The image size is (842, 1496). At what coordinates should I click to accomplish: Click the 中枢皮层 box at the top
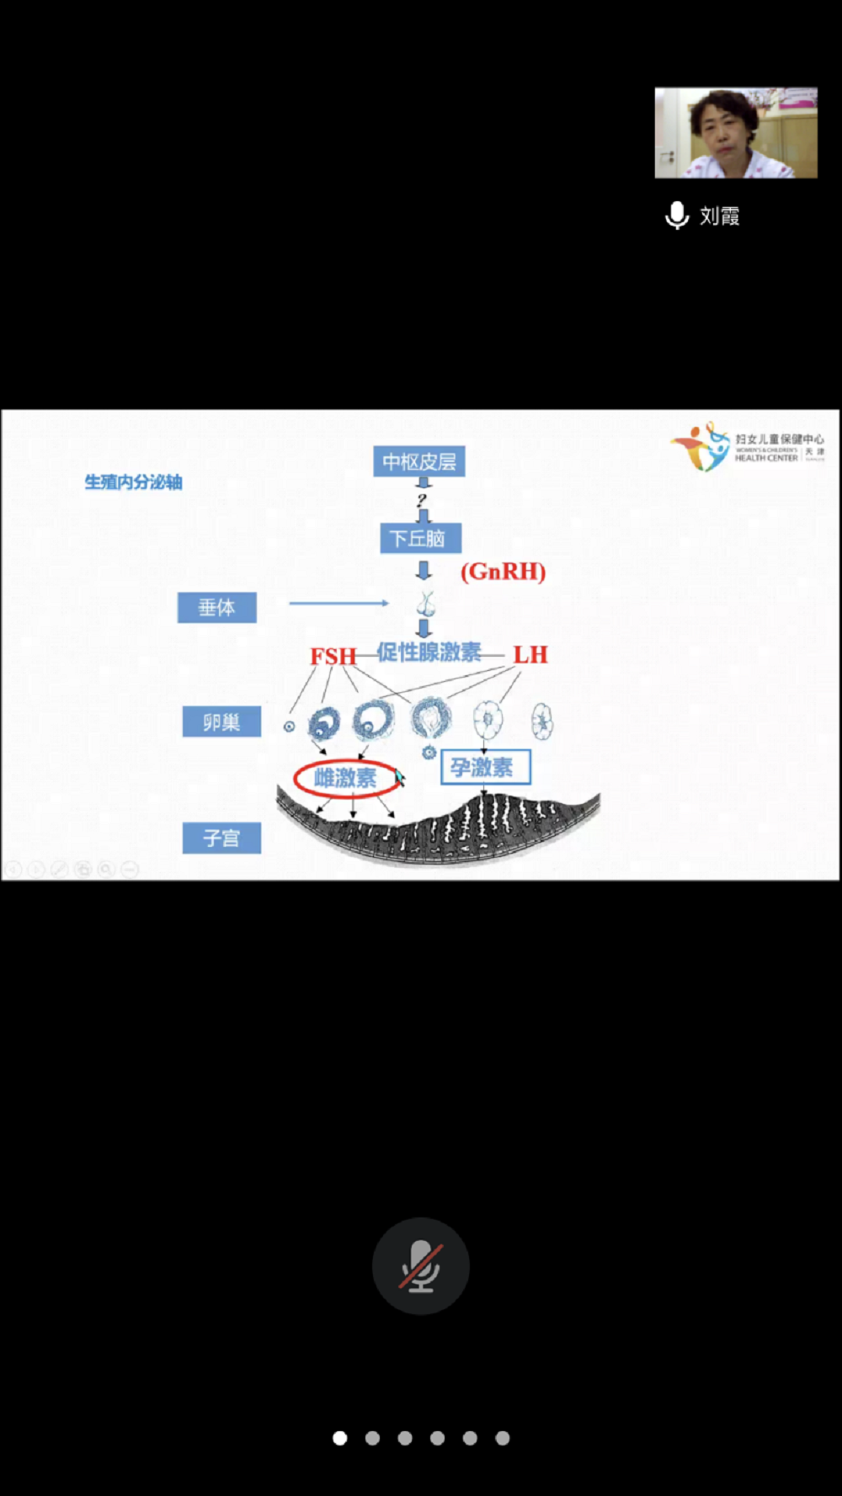[x=418, y=461]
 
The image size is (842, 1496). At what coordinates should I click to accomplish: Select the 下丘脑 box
[x=419, y=538]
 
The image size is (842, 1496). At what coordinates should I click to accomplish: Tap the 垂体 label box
[x=216, y=607]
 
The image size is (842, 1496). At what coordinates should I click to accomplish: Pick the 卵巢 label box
[x=221, y=721]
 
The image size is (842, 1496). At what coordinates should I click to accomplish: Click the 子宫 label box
[x=221, y=838]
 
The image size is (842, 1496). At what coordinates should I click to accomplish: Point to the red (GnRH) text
[x=503, y=572]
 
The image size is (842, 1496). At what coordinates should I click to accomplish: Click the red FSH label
[x=333, y=656]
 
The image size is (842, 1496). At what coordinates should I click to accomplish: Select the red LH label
[x=530, y=655]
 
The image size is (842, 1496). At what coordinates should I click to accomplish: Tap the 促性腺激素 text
[x=429, y=652]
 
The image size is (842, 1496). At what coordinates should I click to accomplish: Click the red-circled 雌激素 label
[x=345, y=778]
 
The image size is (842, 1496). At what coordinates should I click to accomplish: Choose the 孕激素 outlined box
[x=485, y=767]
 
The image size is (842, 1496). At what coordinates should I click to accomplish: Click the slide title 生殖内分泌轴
[x=133, y=482]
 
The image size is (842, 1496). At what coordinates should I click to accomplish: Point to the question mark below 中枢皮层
[x=422, y=500]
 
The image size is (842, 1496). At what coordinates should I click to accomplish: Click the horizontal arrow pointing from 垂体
[x=338, y=603]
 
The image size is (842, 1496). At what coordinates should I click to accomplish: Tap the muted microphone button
[x=420, y=1265]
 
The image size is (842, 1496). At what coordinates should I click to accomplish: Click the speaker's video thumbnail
[x=736, y=133]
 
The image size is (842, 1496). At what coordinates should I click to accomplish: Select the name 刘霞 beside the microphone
[x=720, y=216]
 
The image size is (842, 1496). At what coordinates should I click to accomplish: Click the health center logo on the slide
[x=748, y=447]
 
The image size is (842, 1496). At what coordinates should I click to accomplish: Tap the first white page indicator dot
[x=340, y=1438]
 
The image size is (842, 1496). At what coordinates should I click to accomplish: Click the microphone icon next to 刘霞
[x=677, y=216]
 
